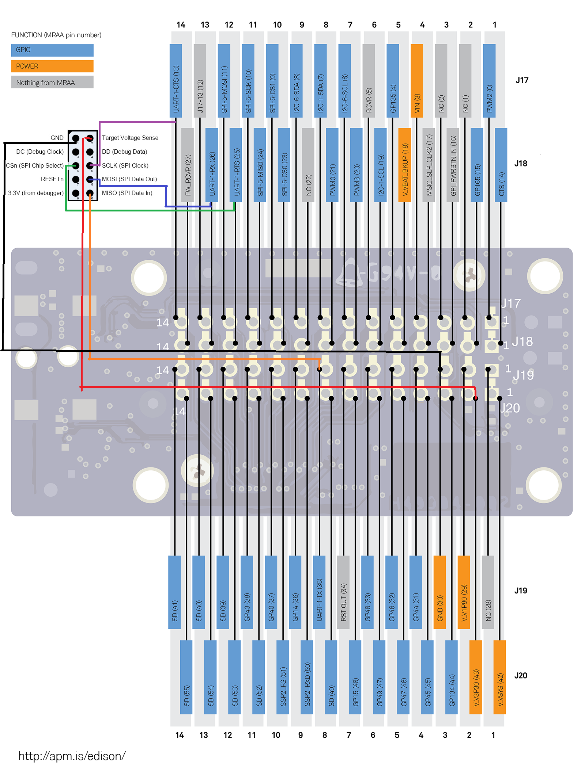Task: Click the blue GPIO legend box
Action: click(x=52, y=50)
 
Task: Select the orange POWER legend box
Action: click(x=52, y=66)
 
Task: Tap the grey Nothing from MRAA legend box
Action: click(x=52, y=82)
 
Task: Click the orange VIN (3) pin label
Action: click(x=417, y=81)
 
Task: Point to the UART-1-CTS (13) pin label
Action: click(x=176, y=81)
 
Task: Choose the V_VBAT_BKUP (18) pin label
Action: click(x=404, y=165)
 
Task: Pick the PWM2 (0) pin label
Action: click(x=489, y=81)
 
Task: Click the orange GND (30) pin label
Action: click(x=439, y=592)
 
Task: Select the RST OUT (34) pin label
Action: click(x=343, y=592)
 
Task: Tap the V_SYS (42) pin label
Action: click(x=500, y=677)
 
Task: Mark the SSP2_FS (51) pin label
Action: click(x=283, y=677)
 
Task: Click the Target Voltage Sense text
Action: click(x=130, y=138)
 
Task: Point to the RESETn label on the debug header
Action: click(x=52, y=179)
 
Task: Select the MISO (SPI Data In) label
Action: click(x=127, y=193)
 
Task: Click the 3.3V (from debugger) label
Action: click(x=36, y=193)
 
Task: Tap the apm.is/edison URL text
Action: click(x=72, y=756)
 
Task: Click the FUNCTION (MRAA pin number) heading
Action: click(x=56, y=35)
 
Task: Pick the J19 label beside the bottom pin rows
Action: click(x=521, y=591)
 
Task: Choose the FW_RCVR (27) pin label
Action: click(x=188, y=165)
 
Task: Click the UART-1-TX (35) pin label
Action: click(x=319, y=592)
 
